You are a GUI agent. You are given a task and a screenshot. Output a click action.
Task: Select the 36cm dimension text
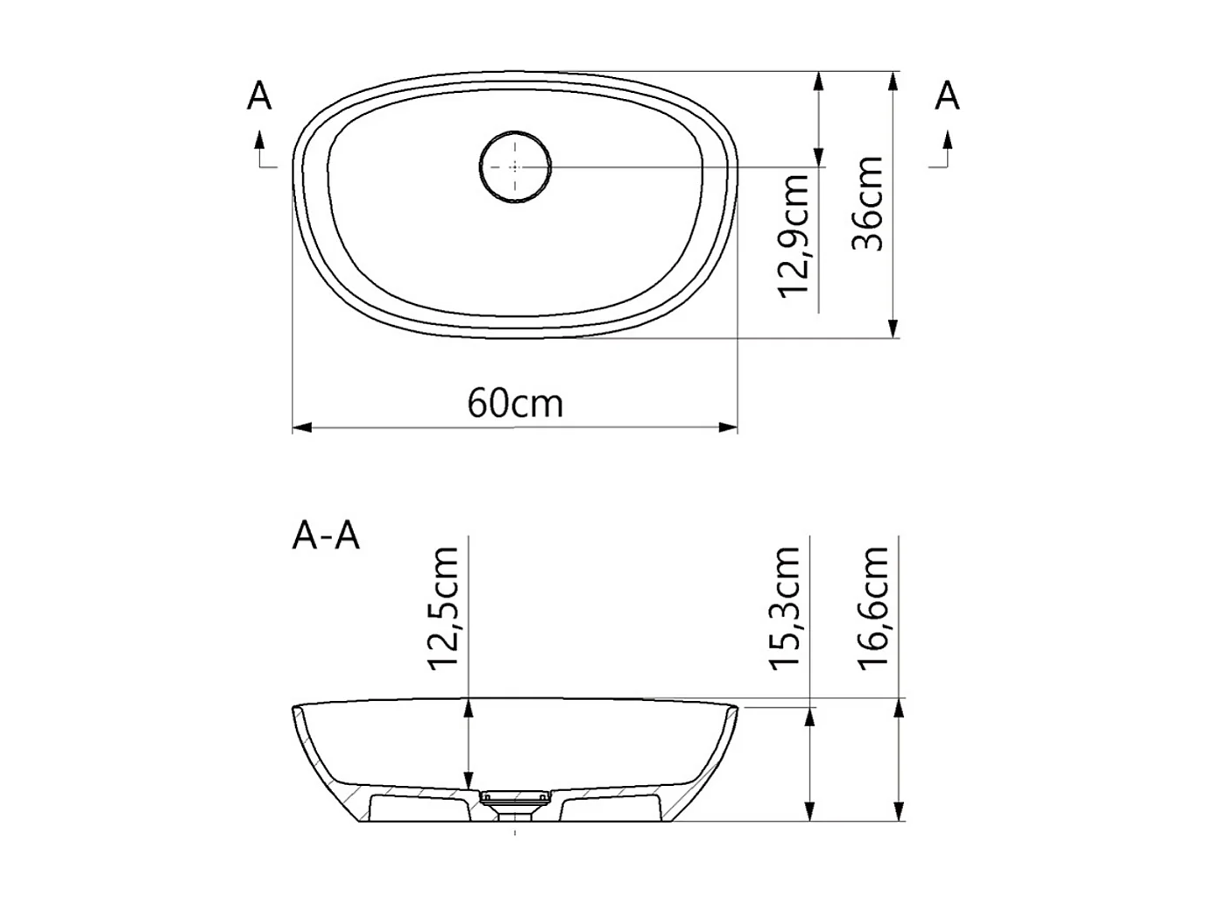pyautogui.click(x=869, y=203)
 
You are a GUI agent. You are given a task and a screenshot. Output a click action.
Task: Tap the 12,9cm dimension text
pyautogui.click(x=794, y=235)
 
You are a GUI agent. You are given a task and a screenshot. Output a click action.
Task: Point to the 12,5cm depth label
pyautogui.click(x=444, y=608)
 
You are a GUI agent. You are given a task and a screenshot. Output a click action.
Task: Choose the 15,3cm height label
pyautogui.click(x=786, y=608)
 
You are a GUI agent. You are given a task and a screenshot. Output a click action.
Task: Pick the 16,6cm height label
pyautogui.click(x=874, y=608)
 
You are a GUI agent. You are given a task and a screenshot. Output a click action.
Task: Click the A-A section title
pyautogui.click(x=326, y=535)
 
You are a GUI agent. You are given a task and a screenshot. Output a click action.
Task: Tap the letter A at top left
pyautogui.click(x=259, y=96)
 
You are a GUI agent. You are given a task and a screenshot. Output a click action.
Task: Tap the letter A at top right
pyautogui.click(x=947, y=96)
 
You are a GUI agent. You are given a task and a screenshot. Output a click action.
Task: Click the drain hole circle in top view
pyautogui.click(x=515, y=166)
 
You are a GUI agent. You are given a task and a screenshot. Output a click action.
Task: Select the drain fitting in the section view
pyautogui.click(x=515, y=799)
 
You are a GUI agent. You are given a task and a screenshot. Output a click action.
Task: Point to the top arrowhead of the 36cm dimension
pyautogui.click(x=893, y=81)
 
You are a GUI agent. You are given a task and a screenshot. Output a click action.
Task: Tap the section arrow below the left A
pyautogui.click(x=259, y=140)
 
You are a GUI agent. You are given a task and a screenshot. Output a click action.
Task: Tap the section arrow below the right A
pyautogui.click(x=947, y=140)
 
